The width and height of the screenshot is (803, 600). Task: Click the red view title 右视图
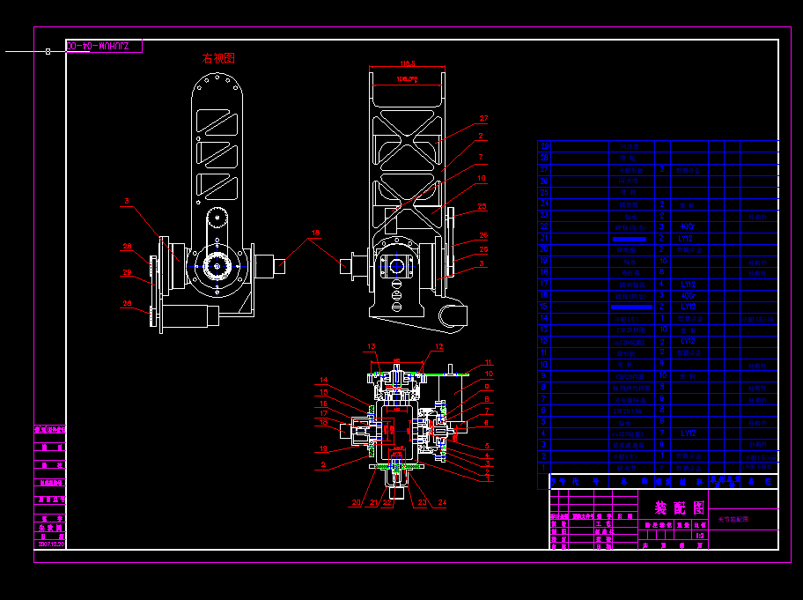[x=218, y=58]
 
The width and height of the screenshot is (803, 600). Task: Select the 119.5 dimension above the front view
[x=407, y=64]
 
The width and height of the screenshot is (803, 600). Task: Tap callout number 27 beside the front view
[x=483, y=118]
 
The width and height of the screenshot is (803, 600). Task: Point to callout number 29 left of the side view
[x=127, y=273]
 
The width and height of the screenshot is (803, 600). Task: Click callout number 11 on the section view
[x=490, y=362]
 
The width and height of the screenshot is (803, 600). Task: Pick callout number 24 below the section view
[x=442, y=503]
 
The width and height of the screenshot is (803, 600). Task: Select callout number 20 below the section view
[x=356, y=503]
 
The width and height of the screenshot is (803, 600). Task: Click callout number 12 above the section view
[x=438, y=346]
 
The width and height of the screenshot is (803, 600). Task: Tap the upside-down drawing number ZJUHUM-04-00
[x=104, y=45]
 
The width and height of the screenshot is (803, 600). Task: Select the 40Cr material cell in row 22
[x=688, y=226]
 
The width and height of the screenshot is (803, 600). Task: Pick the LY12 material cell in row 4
[x=688, y=433]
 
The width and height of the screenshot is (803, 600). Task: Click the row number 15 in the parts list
[x=544, y=307]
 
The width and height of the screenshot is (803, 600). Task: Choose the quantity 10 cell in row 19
[x=662, y=262]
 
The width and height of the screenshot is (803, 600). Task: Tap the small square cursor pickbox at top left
[x=48, y=51]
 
